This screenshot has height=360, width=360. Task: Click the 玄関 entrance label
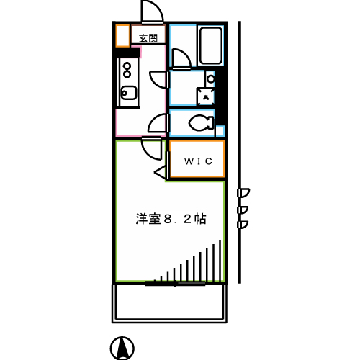[149, 38]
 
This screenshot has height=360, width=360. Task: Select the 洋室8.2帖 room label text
[171, 219]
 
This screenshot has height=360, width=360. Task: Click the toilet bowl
[199, 123]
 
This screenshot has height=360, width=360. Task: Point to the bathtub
[210, 46]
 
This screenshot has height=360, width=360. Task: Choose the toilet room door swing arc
[158, 125]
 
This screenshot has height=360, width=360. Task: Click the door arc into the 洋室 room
[153, 148]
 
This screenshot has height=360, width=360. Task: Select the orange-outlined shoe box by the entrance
[122, 36]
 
